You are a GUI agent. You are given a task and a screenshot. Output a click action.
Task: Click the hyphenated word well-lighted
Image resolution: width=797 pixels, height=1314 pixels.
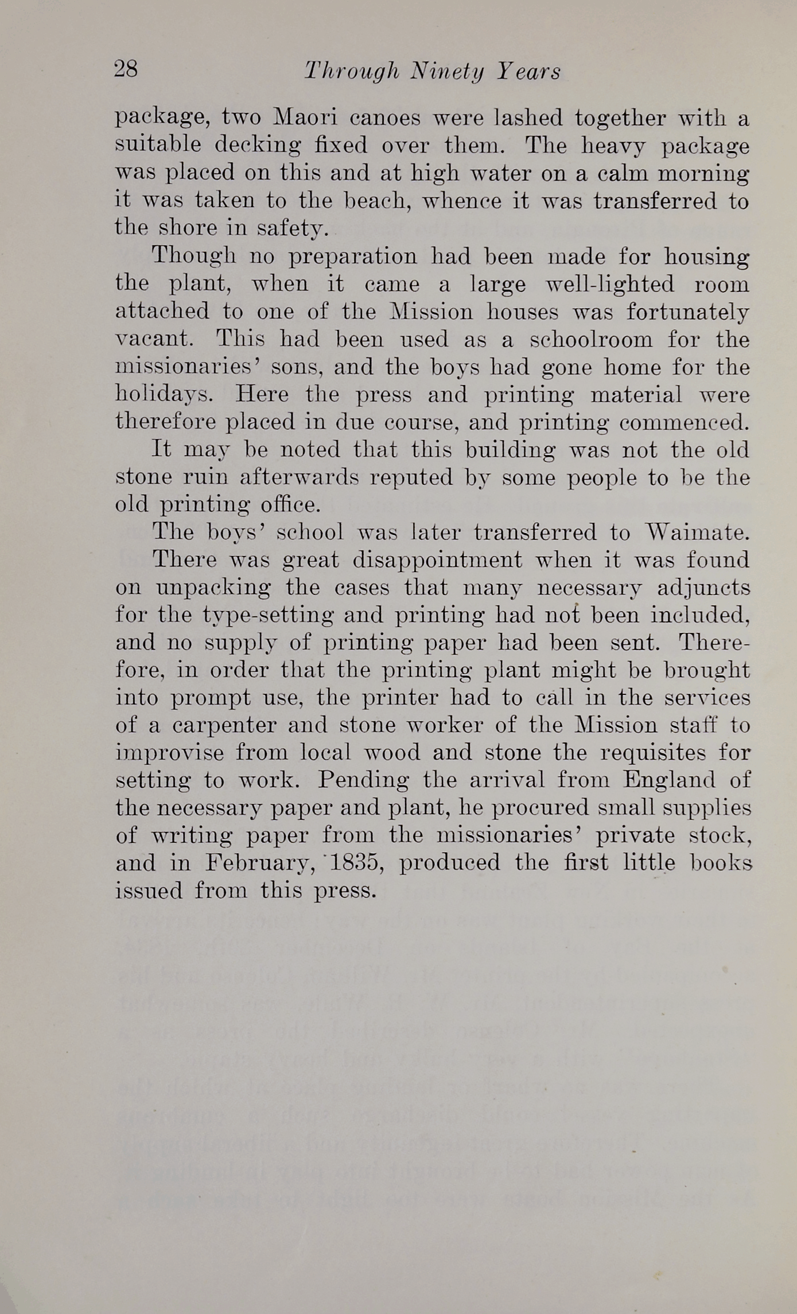[x=609, y=284]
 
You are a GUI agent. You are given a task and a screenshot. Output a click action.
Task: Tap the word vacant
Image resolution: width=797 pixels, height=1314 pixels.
[x=153, y=339]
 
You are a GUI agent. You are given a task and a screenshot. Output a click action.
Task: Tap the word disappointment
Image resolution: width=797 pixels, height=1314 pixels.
[x=437, y=560]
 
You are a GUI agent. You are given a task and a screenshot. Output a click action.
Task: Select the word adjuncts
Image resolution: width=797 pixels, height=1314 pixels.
[x=703, y=588]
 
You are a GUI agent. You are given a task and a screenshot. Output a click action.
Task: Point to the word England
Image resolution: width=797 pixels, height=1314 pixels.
[x=670, y=780]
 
